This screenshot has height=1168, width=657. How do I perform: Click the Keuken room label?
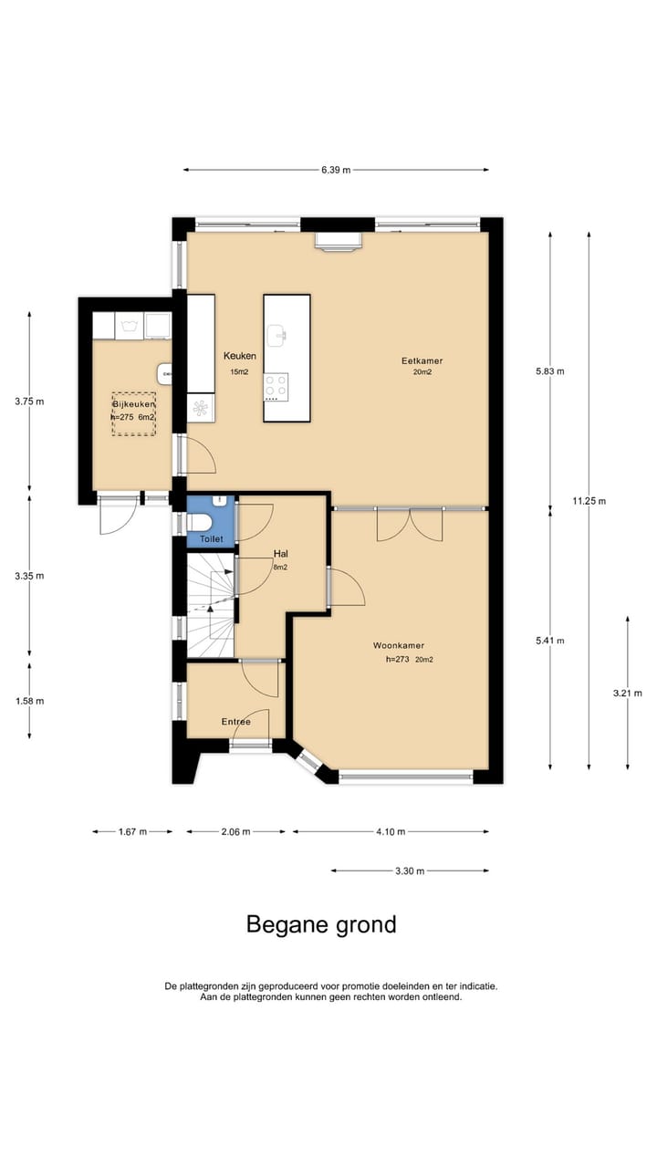240,356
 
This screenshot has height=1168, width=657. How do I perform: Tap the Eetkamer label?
422,360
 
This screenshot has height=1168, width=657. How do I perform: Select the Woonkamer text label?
399,645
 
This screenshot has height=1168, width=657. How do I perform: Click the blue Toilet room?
211,521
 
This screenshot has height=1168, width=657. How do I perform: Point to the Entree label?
236,722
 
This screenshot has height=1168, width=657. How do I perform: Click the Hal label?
281,554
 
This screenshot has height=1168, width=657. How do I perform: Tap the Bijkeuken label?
134,404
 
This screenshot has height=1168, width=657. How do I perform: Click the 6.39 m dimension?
336,170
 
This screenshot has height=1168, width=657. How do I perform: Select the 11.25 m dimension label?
589,501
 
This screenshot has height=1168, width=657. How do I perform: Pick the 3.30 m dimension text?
410,871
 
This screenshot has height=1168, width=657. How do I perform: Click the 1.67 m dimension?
132,831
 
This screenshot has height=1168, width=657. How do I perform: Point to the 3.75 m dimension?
29,401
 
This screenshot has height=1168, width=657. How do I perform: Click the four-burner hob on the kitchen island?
276,387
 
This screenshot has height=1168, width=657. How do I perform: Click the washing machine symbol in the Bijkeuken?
129,326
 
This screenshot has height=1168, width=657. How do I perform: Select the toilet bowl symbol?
198,522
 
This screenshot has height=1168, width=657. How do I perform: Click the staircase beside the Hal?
211,605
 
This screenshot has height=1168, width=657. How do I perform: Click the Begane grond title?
321,924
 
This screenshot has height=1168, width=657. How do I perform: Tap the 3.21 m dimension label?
627,693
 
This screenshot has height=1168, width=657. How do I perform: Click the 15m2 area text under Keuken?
239,371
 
